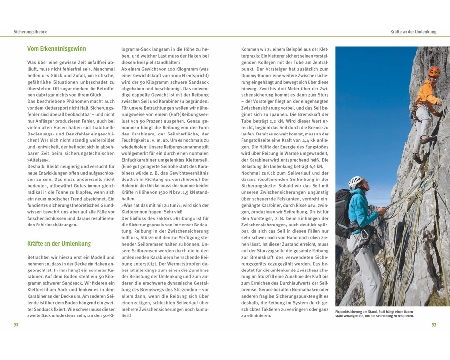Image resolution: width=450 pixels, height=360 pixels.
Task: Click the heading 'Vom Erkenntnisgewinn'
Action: point(56,49)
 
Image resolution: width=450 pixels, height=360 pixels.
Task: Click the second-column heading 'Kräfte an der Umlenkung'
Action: point(59,244)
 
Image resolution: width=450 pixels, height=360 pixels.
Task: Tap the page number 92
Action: point(16,325)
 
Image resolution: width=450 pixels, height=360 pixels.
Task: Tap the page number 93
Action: point(434,325)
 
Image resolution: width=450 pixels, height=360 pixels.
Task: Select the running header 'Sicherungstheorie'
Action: point(30,32)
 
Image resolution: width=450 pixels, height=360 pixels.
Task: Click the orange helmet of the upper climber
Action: point(433,70)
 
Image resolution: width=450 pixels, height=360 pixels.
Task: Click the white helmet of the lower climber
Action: point(356,181)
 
